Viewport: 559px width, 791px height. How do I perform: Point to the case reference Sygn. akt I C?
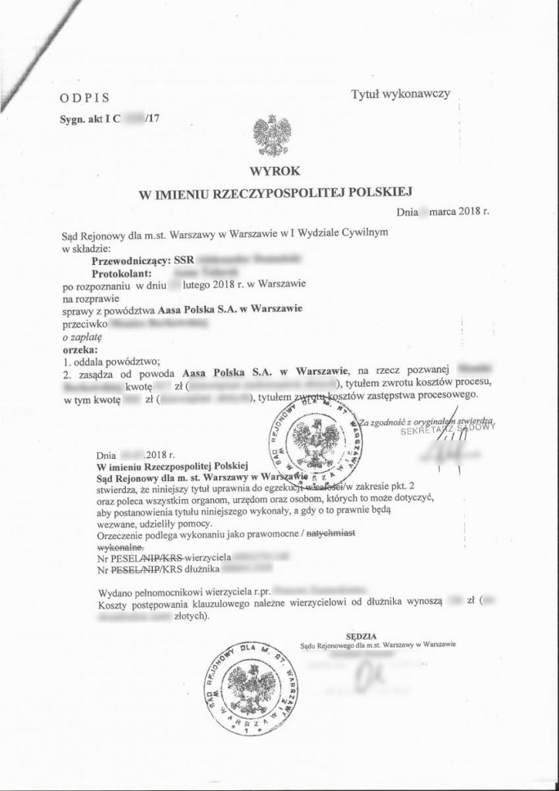86,120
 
